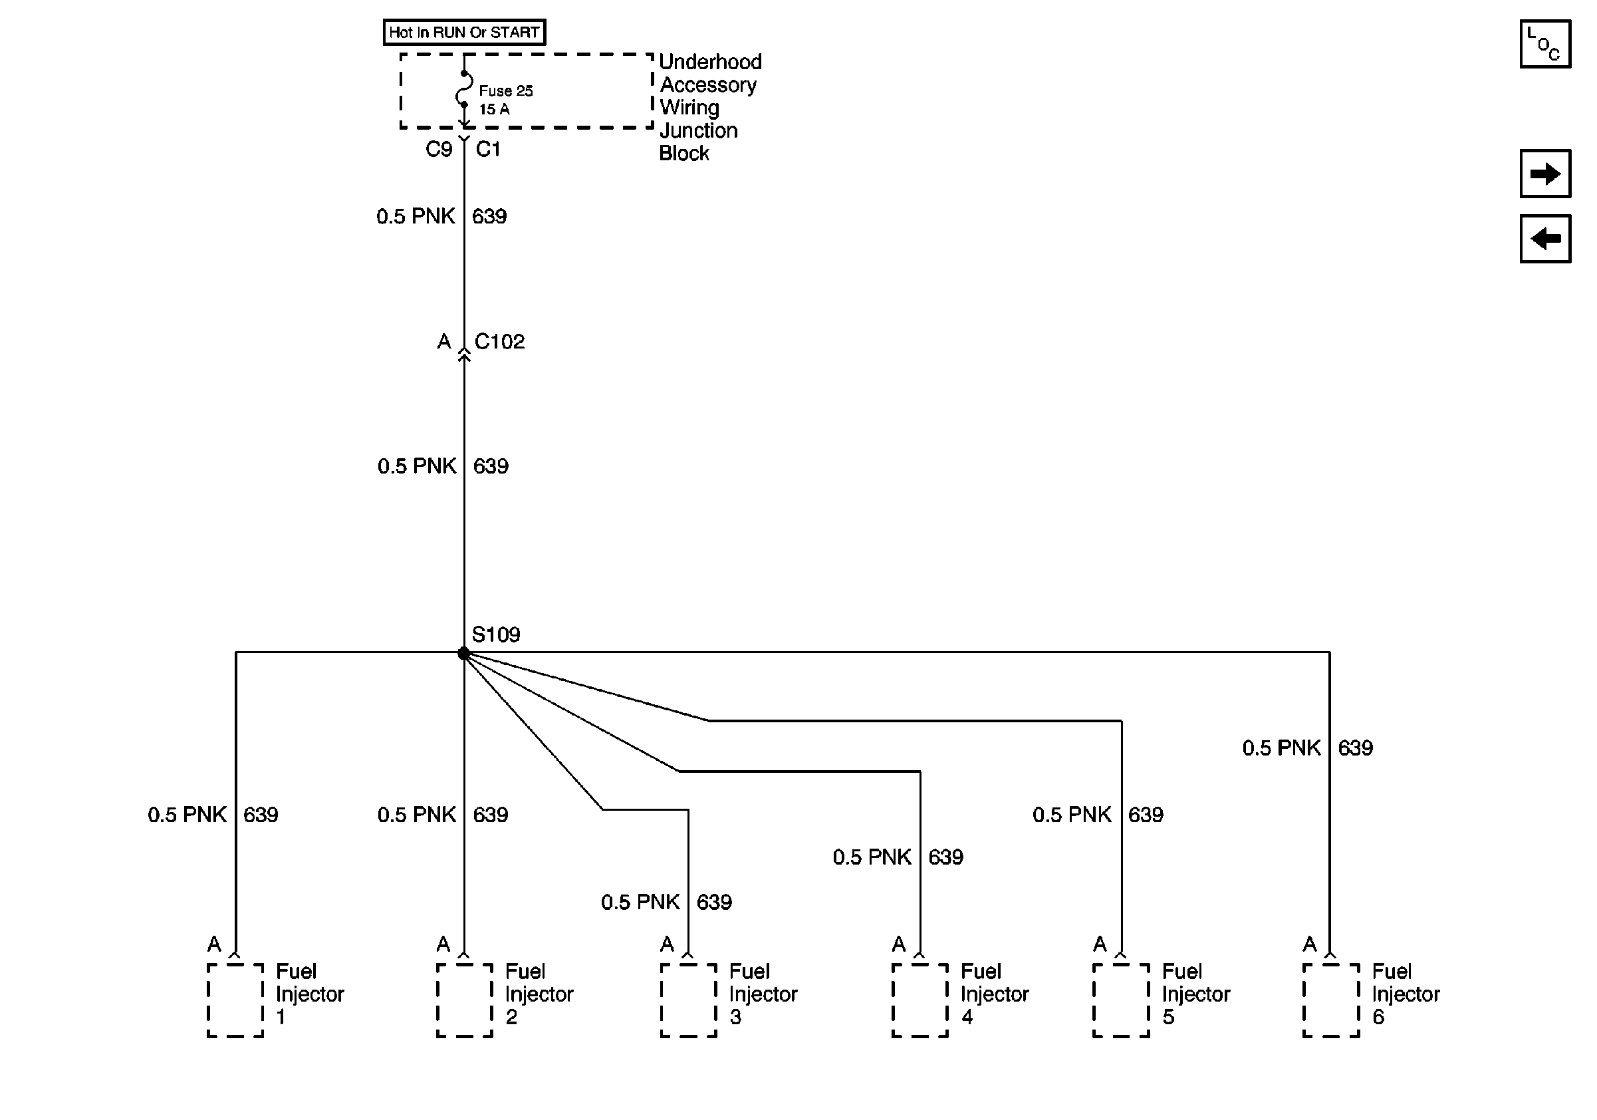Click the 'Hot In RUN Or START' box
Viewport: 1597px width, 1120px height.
pyautogui.click(x=464, y=32)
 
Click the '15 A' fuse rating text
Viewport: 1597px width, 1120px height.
pyautogui.click(x=494, y=109)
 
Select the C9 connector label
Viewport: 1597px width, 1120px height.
pyautogui.click(x=438, y=149)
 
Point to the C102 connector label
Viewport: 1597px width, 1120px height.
pyautogui.click(x=499, y=342)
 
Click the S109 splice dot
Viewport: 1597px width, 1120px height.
pyautogui.click(x=464, y=652)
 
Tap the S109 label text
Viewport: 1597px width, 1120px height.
pyautogui.click(x=495, y=634)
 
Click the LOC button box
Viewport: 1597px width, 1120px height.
pyautogui.click(x=1545, y=44)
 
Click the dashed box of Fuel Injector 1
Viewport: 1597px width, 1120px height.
pyautogui.click(x=235, y=1000)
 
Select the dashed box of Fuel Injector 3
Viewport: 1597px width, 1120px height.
pyautogui.click(x=688, y=1000)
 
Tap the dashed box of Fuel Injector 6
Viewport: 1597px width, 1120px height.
pyautogui.click(x=1330, y=1000)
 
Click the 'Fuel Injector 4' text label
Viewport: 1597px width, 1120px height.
pyautogui.click(x=994, y=994)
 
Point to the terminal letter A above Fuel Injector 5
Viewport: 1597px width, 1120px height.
pyautogui.click(x=1100, y=944)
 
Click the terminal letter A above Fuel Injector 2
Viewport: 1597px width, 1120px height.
pyautogui.click(x=443, y=944)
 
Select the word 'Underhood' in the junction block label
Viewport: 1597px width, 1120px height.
pyautogui.click(x=709, y=62)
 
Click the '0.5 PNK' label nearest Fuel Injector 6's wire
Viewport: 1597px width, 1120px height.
pyautogui.click(x=1281, y=748)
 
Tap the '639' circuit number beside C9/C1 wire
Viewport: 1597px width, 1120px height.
pyautogui.click(x=489, y=216)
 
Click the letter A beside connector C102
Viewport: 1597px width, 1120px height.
pyautogui.click(x=443, y=342)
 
